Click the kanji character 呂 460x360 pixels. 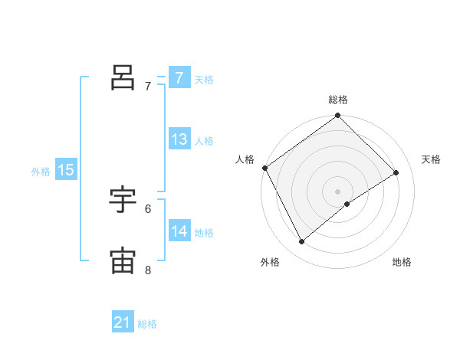click(x=123, y=77)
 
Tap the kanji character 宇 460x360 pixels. click(x=123, y=200)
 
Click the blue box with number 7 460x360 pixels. click(x=179, y=78)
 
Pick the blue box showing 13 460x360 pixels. click(x=179, y=139)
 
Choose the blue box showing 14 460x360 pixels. click(x=179, y=231)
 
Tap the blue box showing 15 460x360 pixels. click(x=65, y=170)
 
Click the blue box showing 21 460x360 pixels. click(x=123, y=323)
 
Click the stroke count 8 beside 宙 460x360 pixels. click(x=148, y=270)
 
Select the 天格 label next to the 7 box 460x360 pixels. click(x=204, y=79)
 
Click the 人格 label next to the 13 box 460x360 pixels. click(x=204, y=140)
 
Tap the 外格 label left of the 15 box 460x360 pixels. click(x=41, y=172)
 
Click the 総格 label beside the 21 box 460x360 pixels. click(x=147, y=324)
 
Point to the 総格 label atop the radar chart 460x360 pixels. click(x=338, y=100)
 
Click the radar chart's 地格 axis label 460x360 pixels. click(x=402, y=262)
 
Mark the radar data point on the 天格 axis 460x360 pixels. click(x=396, y=172)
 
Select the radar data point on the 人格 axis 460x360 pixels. click(x=264, y=168)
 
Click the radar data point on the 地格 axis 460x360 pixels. click(x=347, y=204)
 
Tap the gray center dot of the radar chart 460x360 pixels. click(x=337, y=191)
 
